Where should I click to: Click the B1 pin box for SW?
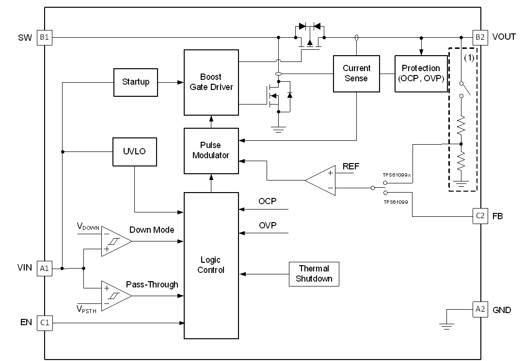tap(44, 37)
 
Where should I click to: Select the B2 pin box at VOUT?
tap(479, 37)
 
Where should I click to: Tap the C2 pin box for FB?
tap(479, 216)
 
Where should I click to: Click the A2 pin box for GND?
tap(479, 309)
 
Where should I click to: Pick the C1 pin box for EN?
tap(44, 323)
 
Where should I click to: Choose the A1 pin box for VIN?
tap(44, 269)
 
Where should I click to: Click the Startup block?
tap(135, 82)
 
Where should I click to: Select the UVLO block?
tap(134, 151)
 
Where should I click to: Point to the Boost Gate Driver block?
tap(211, 82)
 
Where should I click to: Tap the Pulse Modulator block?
tap(211, 150)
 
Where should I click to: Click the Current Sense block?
tap(356, 73)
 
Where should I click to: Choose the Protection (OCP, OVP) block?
tap(421, 73)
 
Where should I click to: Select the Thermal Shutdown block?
tap(314, 273)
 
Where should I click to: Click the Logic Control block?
tap(211, 265)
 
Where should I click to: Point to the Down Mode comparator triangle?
tap(115, 241)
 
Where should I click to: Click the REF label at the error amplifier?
tap(350, 166)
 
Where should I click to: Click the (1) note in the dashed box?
tap(469, 58)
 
